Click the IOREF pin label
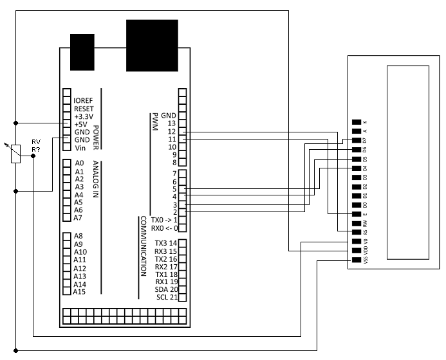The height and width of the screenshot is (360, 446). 83,101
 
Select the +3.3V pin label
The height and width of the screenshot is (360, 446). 84,116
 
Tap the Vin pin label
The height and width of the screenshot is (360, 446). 80,148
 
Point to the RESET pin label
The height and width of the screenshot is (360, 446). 84,109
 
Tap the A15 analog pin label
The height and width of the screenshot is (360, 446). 80,292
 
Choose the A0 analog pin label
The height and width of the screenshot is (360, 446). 79,163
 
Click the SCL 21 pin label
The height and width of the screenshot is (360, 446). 167,297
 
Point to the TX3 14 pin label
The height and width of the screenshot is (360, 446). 166,242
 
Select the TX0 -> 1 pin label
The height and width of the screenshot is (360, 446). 164,220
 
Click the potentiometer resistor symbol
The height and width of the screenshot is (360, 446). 15,154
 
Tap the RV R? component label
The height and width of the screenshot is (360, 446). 36,145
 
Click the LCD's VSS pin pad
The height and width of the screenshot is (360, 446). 357,260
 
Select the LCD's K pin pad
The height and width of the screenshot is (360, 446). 357,122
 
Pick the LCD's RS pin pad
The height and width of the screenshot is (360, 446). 357,232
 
